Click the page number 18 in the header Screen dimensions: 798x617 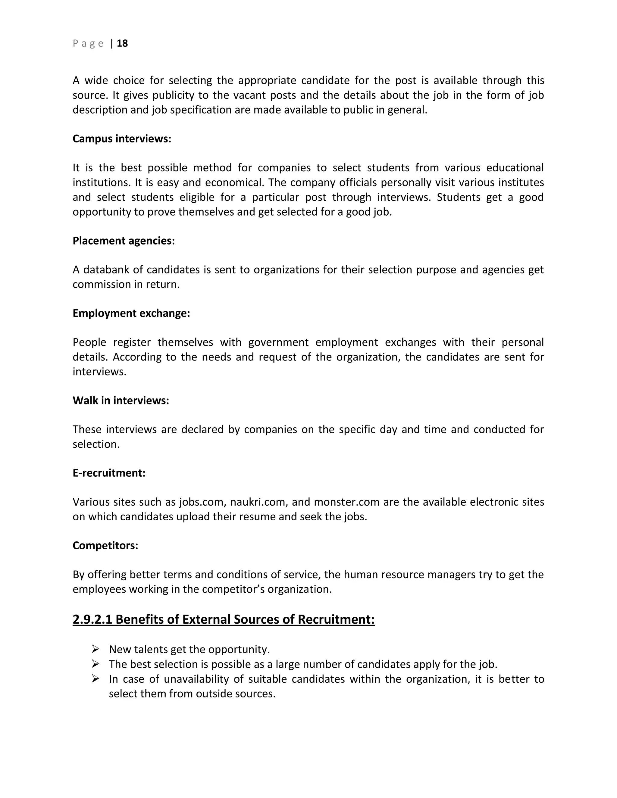122,43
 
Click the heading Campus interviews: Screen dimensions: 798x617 122,139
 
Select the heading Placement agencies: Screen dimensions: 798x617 124,241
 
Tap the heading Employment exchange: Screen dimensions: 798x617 131,313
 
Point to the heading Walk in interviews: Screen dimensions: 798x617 121,401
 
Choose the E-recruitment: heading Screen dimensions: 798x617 109,473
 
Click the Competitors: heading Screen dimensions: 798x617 105,546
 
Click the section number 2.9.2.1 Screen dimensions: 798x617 92,619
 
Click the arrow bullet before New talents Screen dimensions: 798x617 96,649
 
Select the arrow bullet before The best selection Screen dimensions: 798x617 96,663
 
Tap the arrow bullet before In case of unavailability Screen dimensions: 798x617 96,678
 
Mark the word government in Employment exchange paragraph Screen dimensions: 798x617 278,342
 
